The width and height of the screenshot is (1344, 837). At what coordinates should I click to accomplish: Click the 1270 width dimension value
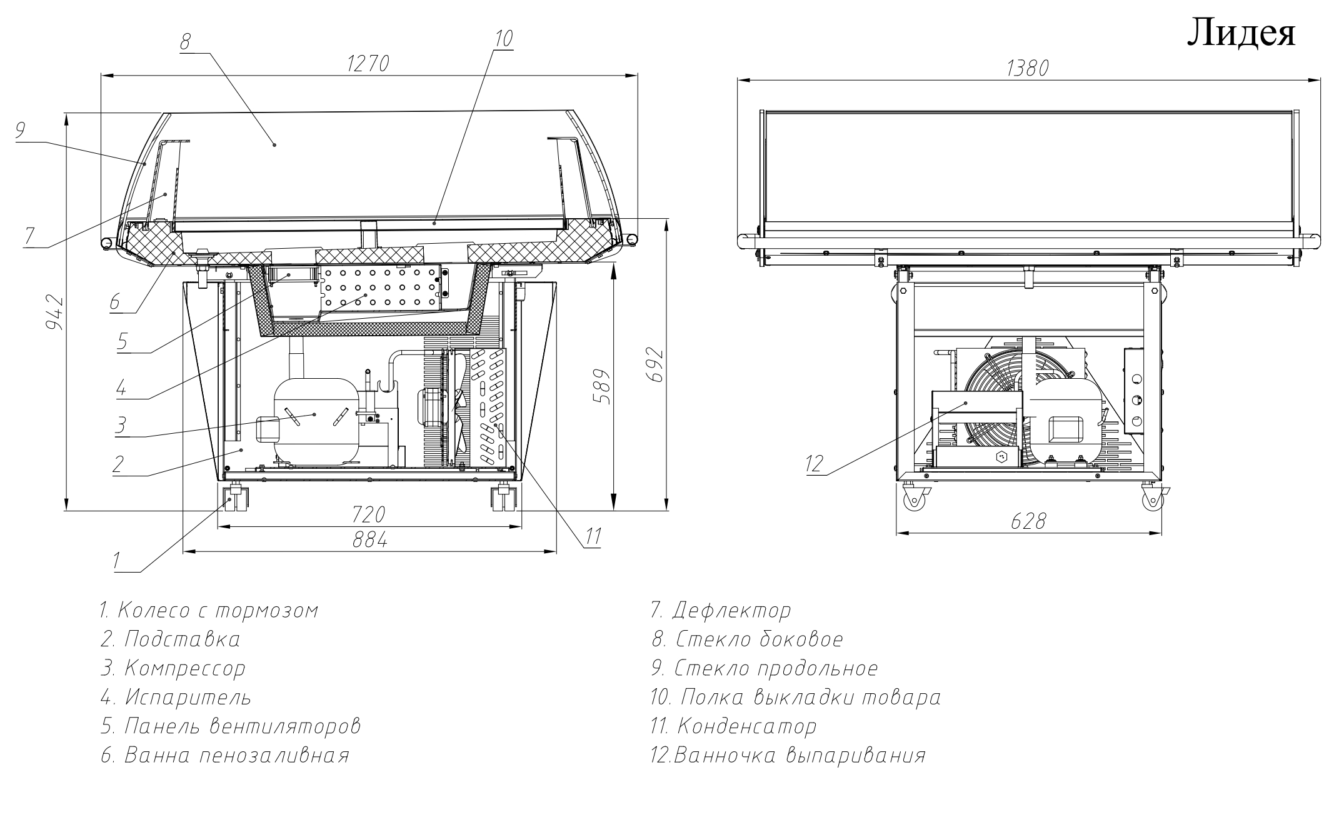coord(369,64)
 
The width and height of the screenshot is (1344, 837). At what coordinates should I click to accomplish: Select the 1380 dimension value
coord(1027,68)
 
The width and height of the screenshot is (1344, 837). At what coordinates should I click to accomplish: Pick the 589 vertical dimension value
coord(602,387)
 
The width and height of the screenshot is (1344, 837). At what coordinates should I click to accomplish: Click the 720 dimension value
coord(368,515)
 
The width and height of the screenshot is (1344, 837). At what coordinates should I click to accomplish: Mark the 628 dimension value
coord(1028,521)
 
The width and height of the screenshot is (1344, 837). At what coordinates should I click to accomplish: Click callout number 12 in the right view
coord(815,464)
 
